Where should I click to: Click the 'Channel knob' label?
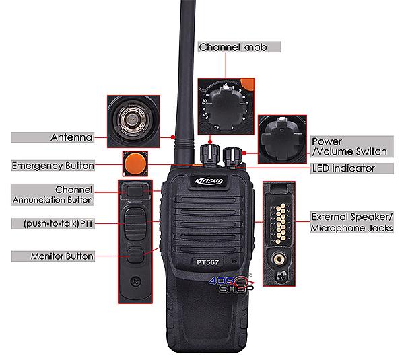click(x=233, y=47)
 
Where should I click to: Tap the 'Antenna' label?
click(x=71, y=137)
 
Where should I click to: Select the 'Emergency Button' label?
click(x=53, y=166)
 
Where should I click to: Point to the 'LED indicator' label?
click(x=343, y=168)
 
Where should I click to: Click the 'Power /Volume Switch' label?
click(x=349, y=146)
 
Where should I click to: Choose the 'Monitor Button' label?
click(x=62, y=256)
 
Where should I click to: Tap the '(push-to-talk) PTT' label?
click(x=58, y=223)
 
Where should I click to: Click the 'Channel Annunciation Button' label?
click(x=53, y=194)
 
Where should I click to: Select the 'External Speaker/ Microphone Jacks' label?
click(x=351, y=223)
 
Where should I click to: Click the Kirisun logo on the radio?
click(x=209, y=181)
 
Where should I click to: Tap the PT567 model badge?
click(x=207, y=262)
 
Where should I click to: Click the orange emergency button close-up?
click(x=135, y=164)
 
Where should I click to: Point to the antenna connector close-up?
click(x=133, y=120)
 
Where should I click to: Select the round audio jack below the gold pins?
click(x=279, y=258)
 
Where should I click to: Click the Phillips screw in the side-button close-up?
click(x=136, y=281)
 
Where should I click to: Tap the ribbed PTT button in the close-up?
click(x=135, y=224)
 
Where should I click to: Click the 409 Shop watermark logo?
click(x=232, y=284)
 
